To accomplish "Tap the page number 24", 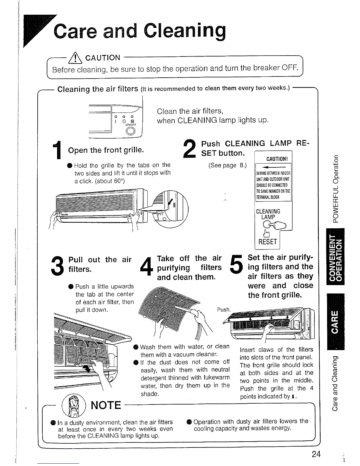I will [x=316, y=454].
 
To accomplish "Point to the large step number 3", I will [x=57, y=265].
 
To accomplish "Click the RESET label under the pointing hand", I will [x=267, y=242].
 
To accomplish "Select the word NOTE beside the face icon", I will [x=106, y=405].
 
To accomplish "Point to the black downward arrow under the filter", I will [x=87, y=368].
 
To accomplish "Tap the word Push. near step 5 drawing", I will [x=224, y=309].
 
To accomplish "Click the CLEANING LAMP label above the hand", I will [x=268, y=214].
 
